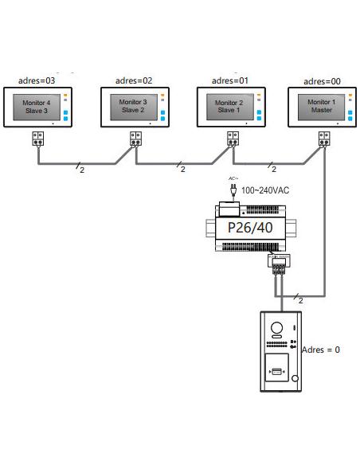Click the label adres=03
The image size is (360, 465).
[x=37, y=80]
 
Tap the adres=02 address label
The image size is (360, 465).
[x=134, y=80]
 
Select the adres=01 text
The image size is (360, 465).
[x=230, y=80]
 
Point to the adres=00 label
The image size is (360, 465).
[x=322, y=81]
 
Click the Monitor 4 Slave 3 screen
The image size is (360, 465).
[x=37, y=107]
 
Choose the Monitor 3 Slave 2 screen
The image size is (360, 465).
[x=134, y=107]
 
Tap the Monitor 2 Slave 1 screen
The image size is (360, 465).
[x=230, y=107]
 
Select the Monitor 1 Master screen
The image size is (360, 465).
[x=322, y=107]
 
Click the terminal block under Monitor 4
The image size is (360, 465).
[x=38, y=139]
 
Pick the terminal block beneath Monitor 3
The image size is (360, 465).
[x=135, y=139]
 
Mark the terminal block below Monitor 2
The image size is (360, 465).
[x=233, y=139]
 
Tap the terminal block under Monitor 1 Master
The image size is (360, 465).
[x=324, y=139]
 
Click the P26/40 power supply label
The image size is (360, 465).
[x=250, y=228]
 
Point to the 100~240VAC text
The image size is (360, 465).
[x=265, y=190]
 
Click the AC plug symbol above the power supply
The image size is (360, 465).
[x=233, y=190]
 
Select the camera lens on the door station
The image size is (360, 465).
[x=276, y=328]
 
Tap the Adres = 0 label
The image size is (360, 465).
[x=320, y=350]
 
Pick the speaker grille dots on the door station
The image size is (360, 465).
[x=276, y=344]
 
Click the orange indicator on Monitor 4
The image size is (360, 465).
[x=65, y=96]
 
